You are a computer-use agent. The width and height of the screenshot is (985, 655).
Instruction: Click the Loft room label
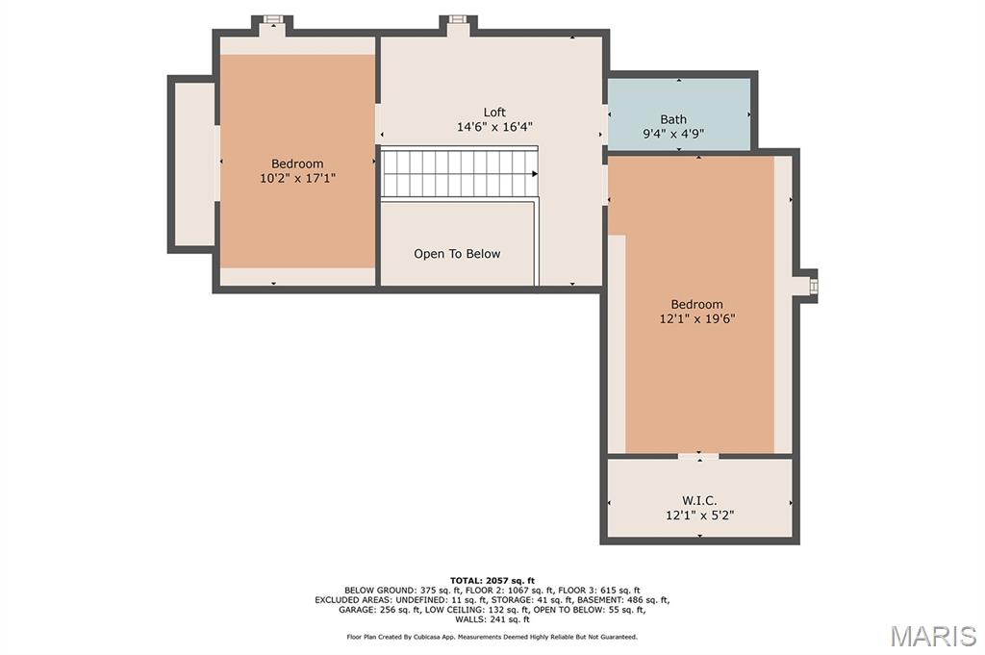(494, 113)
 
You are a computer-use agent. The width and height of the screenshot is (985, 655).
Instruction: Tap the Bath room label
(672, 119)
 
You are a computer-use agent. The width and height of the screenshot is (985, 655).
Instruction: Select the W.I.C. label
(699, 500)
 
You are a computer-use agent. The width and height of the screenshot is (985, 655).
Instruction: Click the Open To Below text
(457, 254)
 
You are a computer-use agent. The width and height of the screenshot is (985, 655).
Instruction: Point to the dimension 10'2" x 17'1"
(298, 178)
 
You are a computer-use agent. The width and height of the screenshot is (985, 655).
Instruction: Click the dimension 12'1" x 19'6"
(696, 318)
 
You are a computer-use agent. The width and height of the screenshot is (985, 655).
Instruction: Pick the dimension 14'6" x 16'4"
(494, 127)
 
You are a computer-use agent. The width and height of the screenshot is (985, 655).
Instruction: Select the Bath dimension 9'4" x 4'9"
(672, 134)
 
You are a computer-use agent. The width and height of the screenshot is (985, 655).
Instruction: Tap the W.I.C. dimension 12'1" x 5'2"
(700, 515)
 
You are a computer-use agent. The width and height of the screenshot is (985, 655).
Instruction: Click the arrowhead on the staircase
(535, 174)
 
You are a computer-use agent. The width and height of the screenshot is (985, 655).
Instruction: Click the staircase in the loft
(459, 173)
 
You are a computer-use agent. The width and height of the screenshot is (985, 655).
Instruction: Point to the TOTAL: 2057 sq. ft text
(492, 580)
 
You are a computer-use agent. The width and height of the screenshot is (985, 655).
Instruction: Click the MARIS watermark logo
(933, 636)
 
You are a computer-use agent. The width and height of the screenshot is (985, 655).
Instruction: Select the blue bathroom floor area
(679, 114)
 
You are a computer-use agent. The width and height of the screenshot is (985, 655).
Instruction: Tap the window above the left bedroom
(271, 19)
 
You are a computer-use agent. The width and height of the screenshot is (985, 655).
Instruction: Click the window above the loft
(457, 19)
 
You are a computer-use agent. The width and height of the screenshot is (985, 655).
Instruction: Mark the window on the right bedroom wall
(814, 286)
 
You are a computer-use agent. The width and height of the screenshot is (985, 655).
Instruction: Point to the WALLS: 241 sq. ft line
(492, 619)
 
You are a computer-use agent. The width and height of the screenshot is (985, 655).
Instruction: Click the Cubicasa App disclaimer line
(492, 637)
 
